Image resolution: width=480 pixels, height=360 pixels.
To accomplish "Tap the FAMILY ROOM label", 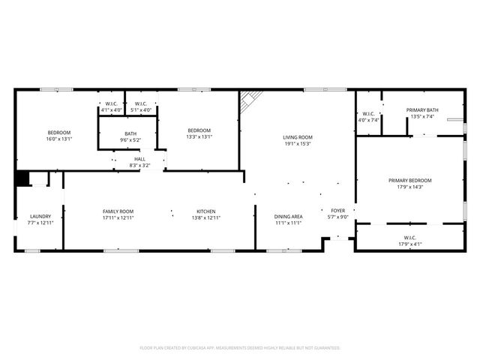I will point(118,211).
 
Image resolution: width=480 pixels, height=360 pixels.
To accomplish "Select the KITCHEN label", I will point(206,211).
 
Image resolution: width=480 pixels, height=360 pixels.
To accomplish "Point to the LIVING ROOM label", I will point(297,137).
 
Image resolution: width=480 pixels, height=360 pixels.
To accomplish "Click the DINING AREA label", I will point(288,216).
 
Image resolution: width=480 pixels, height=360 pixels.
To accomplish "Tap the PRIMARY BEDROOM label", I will point(409,180).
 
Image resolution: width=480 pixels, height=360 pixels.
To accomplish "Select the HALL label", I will point(139,159).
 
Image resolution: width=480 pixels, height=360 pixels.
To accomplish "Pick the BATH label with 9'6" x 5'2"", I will point(130,133).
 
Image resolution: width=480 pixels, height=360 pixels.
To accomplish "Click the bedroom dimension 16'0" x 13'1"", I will point(58,139).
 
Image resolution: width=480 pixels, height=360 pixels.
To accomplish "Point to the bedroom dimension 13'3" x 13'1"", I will point(199,136).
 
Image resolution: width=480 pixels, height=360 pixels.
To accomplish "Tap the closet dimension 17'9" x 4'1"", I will point(409,243).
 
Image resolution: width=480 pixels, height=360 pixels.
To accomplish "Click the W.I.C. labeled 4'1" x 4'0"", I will point(111,110).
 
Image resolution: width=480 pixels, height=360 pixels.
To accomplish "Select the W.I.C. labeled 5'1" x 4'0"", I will point(141,110).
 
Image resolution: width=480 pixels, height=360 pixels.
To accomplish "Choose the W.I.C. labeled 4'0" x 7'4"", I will point(368,119).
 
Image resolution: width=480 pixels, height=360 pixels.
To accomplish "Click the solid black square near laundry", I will point(22,178).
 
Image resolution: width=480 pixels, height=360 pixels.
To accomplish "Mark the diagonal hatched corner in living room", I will point(250,101).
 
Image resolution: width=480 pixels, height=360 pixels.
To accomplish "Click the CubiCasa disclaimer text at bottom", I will point(240,348).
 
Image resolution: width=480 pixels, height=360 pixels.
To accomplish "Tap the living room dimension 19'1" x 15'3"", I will point(297,144).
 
